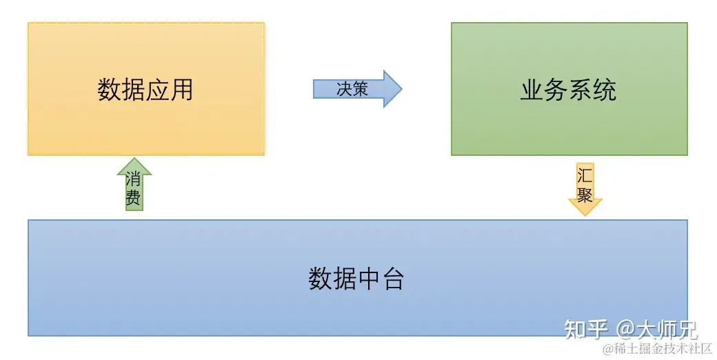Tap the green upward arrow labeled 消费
(134, 186)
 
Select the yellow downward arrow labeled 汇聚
(585, 188)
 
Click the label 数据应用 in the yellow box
(145, 90)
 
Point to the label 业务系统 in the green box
(568, 90)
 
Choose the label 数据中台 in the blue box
(356, 279)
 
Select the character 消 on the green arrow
(134, 180)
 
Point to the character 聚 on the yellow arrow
(585, 194)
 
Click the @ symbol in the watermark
(625, 329)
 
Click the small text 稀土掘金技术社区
(662, 349)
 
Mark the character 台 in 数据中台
(392, 279)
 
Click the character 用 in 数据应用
(181, 90)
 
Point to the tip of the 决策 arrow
(401, 89)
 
